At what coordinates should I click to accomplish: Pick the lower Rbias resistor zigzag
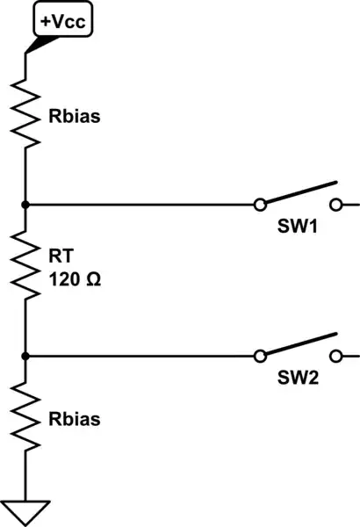point(25,420)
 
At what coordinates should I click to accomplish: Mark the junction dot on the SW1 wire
point(25,205)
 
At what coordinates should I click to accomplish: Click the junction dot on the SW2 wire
point(25,357)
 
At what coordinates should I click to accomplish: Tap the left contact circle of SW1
point(259,205)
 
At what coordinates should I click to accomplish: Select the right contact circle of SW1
point(337,205)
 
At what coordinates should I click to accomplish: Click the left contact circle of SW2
point(259,357)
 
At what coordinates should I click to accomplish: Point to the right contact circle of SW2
point(337,357)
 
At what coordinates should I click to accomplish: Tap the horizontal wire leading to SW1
point(140,205)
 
